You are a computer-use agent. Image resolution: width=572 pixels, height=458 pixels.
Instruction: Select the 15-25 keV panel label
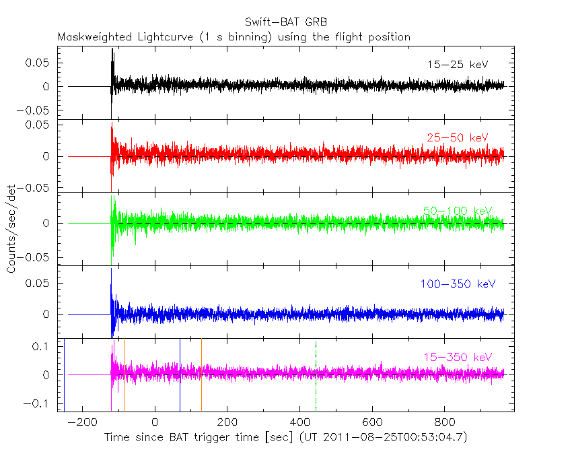(457, 65)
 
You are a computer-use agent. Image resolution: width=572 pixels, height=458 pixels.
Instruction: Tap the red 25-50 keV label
(457, 137)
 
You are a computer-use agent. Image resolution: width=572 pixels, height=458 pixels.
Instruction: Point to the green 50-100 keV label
(457, 211)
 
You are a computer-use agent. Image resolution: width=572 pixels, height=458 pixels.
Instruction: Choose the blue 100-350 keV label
(457, 284)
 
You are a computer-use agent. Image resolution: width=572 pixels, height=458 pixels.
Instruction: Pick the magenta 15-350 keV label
(457, 357)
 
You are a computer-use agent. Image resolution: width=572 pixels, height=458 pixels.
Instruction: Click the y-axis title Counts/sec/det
(11, 229)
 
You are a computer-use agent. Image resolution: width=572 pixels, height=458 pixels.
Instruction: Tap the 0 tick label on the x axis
(155, 422)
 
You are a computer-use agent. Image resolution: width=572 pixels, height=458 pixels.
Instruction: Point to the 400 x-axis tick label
(299, 422)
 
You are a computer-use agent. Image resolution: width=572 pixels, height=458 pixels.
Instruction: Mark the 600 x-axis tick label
(371, 422)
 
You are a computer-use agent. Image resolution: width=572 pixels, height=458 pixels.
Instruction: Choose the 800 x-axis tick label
(444, 422)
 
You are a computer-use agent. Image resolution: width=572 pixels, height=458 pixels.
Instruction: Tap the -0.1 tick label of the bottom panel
(42, 403)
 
